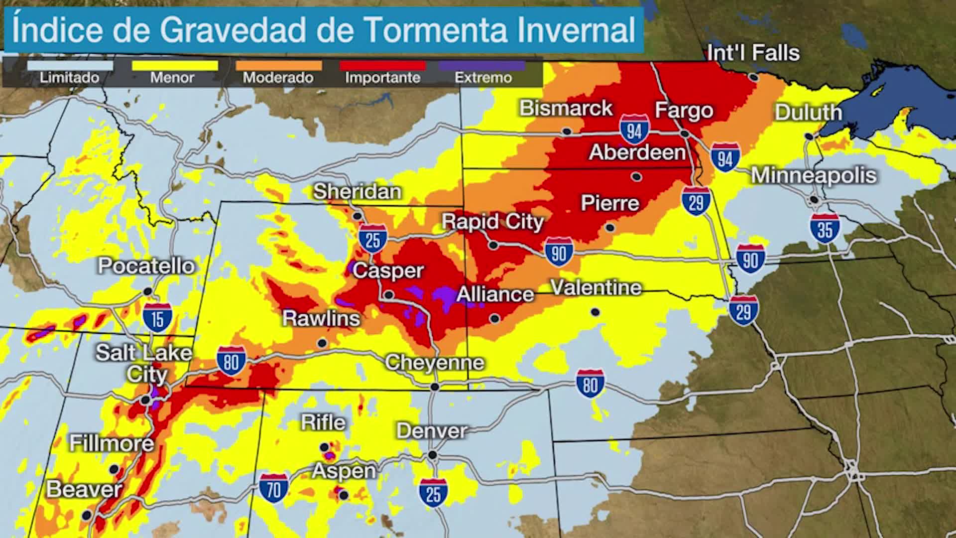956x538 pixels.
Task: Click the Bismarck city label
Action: coord(566,109)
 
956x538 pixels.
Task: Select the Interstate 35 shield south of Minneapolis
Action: coord(825,228)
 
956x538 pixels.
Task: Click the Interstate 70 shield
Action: coord(274,488)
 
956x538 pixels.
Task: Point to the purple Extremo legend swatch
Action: coord(481,66)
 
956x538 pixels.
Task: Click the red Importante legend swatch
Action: coord(382,66)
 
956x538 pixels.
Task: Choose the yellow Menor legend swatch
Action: coord(174,66)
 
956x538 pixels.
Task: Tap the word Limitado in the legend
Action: coord(69,78)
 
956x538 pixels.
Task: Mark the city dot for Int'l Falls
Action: coord(754,78)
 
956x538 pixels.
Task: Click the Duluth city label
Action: coord(808,113)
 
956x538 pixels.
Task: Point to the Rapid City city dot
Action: coord(493,245)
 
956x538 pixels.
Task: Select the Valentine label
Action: coord(596,288)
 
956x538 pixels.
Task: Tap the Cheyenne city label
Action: coord(434,363)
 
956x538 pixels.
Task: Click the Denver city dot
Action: coord(433,455)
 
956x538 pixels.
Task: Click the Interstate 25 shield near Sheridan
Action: coord(372,239)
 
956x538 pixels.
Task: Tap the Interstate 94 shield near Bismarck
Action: coord(634,130)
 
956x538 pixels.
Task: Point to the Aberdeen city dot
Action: coord(636,176)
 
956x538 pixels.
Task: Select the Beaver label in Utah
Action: coord(84,489)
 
